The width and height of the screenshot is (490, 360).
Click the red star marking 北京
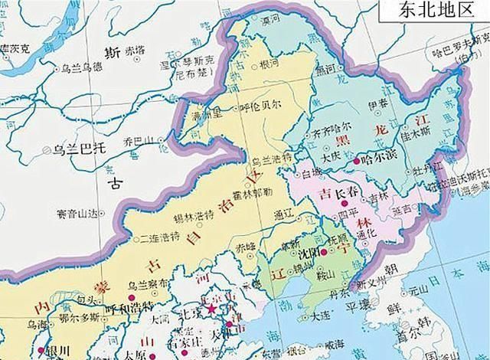click(211, 309)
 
